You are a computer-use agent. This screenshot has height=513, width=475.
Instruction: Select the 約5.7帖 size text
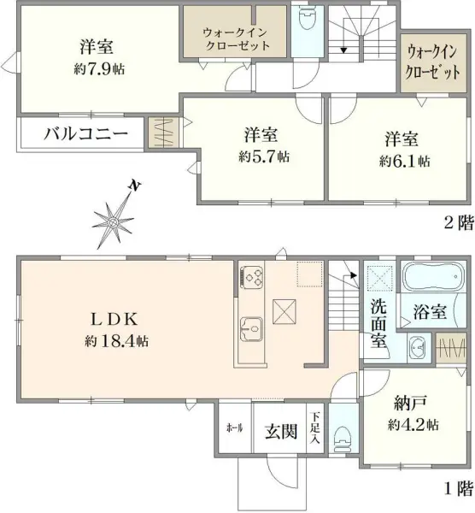(x=263, y=156)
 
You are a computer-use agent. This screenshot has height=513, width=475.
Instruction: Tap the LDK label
(x=116, y=320)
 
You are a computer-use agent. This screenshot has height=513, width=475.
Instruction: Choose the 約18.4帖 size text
(x=117, y=341)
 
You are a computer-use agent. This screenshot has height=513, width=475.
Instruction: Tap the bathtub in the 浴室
(x=432, y=277)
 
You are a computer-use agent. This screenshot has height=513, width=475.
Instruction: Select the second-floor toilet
(x=305, y=20)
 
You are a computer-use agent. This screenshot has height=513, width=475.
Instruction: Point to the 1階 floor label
(x=457, y=489)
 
